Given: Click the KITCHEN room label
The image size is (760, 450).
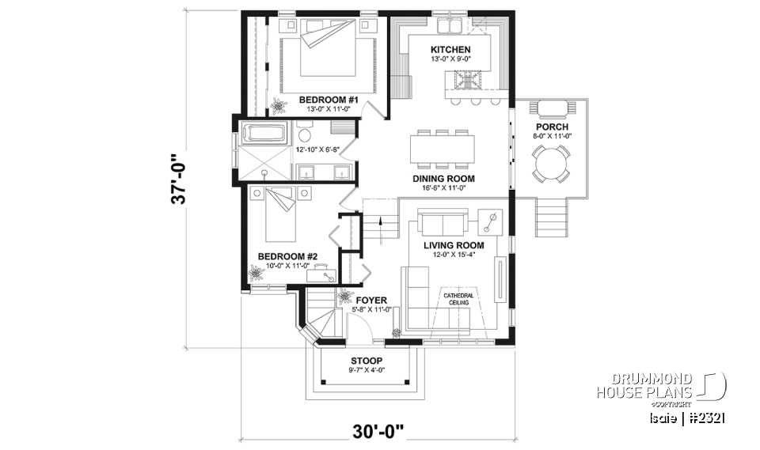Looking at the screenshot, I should (x=450, y=49).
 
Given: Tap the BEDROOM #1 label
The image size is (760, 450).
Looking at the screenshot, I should (x=329, y=100).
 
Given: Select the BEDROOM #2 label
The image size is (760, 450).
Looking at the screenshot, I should (x=287, y=256).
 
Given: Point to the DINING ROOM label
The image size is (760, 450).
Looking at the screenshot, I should (x=443, y=179).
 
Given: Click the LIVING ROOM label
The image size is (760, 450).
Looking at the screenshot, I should (x=453, y=245).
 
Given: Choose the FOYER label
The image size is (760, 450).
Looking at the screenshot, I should (x=370, y=301).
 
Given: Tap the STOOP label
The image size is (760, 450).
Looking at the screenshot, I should (x=367, y=360).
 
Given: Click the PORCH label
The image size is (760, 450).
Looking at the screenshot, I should (x=551, y=127).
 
